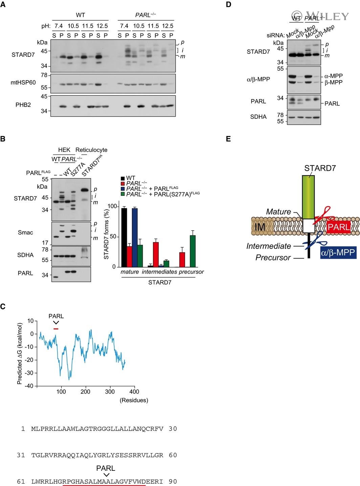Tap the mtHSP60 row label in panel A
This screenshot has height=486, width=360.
coord(23,83)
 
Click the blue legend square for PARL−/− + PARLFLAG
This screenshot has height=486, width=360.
coord(123,188)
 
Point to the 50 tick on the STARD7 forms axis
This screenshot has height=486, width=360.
coord(118,236)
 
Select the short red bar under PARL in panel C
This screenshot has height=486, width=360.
coord(56,328)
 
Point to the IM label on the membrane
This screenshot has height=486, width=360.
coord(260,227)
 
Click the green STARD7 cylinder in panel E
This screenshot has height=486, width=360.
coord(308,196)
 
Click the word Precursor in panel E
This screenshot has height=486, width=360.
coord(273,258)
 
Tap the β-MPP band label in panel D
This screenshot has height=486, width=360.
coord(334,83)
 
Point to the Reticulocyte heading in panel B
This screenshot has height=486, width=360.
coord(91,150)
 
